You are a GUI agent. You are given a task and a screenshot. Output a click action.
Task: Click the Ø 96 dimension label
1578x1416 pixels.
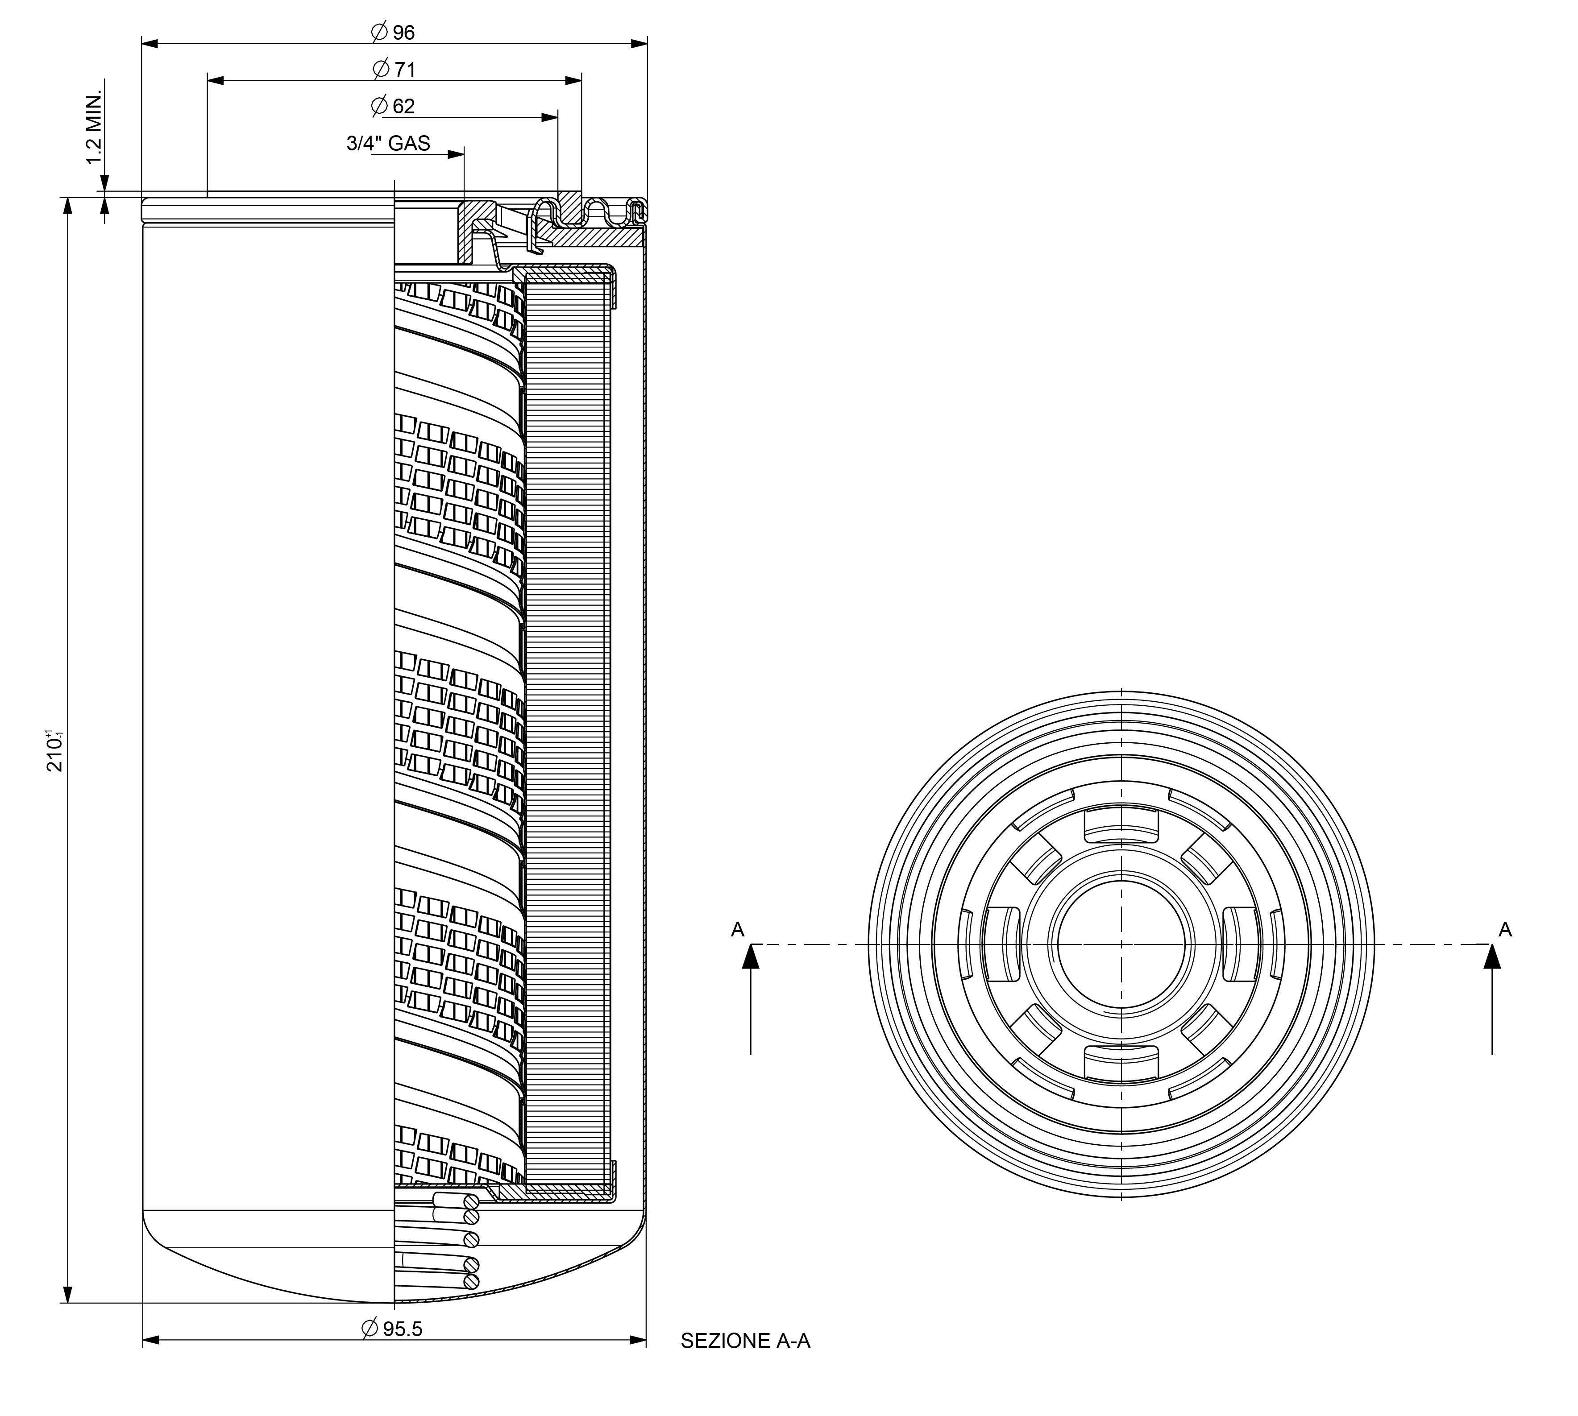click(x=394, y=32)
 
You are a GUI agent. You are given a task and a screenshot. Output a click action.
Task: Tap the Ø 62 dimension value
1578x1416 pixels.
click(x=393, y=106)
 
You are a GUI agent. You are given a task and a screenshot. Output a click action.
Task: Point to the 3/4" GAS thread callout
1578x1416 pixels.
click(x=388, y=143)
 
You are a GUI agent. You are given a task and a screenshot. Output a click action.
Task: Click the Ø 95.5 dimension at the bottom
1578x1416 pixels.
click(x=393, y=1328)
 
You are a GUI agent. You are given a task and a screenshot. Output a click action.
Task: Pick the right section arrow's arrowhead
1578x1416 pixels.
click(x=1491, y=957)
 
